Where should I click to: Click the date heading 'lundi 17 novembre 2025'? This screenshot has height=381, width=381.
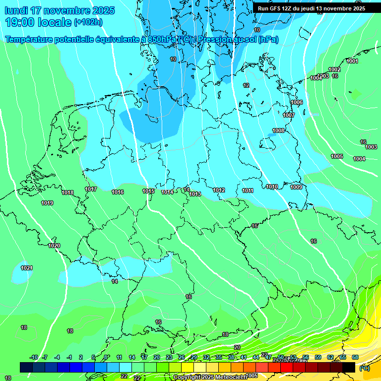click(60, 10)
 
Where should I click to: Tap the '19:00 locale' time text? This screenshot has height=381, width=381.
click(38, 22)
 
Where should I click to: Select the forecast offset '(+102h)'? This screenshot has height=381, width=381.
click(88, 22)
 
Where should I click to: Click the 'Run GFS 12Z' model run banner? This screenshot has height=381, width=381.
click(311, 8)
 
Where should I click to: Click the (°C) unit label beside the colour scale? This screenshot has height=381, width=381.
click(364, 368)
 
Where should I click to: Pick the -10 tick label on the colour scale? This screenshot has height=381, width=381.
click(34, 357)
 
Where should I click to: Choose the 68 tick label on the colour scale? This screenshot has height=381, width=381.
click(355, 357)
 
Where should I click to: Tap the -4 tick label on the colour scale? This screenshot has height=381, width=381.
click(57, 357)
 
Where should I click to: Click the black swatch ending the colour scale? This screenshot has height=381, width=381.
click(349, 367)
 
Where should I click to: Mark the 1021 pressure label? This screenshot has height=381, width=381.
click(27, 268)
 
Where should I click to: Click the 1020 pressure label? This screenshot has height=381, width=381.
click(54, 246)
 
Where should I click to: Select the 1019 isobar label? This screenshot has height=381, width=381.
click(47, 203)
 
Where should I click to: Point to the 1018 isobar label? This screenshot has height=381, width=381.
click(67, 192)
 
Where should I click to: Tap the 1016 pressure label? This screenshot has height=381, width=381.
click(118, 192)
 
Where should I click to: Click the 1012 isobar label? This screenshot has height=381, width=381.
click(219, 190)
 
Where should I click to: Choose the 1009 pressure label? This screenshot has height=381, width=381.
click(296, 187)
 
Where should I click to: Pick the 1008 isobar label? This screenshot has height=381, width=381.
click(278, 130)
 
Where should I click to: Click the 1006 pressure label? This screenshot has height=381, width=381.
click(297, 102)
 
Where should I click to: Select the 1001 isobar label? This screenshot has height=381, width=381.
click(352, 61)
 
